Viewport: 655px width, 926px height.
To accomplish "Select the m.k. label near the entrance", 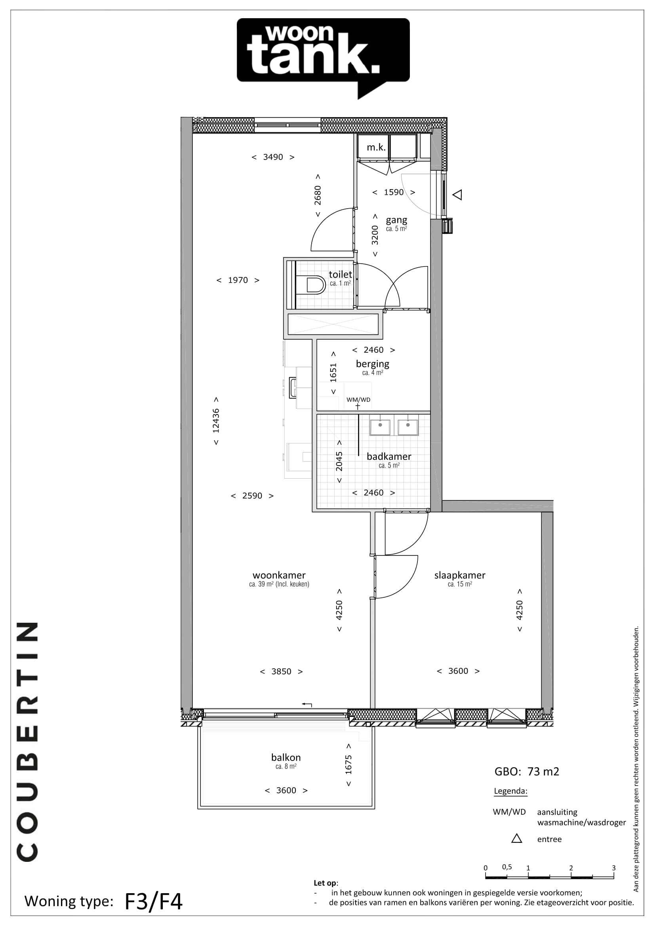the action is (x=376, y=148).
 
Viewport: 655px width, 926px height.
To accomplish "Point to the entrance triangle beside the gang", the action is (x=457, y=195).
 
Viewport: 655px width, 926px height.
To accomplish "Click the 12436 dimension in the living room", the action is (x=216, y=421).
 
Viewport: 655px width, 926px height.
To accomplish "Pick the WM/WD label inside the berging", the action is (x=358, y=400).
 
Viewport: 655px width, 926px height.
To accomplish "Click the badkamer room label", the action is (x=389, y=456).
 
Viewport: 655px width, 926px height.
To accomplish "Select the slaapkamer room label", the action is (x=460, y=576).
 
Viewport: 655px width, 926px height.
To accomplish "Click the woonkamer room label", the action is (x=279, y=575).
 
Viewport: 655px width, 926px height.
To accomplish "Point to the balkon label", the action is (x=286, y=757).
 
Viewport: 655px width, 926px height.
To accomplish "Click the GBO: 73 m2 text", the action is (x=527, y=772).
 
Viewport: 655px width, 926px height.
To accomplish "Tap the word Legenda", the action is (x=510, y=791).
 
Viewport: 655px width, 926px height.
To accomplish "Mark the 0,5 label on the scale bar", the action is (x=507, y=867).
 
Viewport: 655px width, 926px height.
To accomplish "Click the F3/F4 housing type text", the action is (x=154, y=902).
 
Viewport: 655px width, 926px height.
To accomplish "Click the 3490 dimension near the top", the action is (x=273, y=157).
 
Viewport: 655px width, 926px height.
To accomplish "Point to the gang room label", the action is (x=396, y=220).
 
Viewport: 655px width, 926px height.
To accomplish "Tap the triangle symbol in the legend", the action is (x=517, y=839).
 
